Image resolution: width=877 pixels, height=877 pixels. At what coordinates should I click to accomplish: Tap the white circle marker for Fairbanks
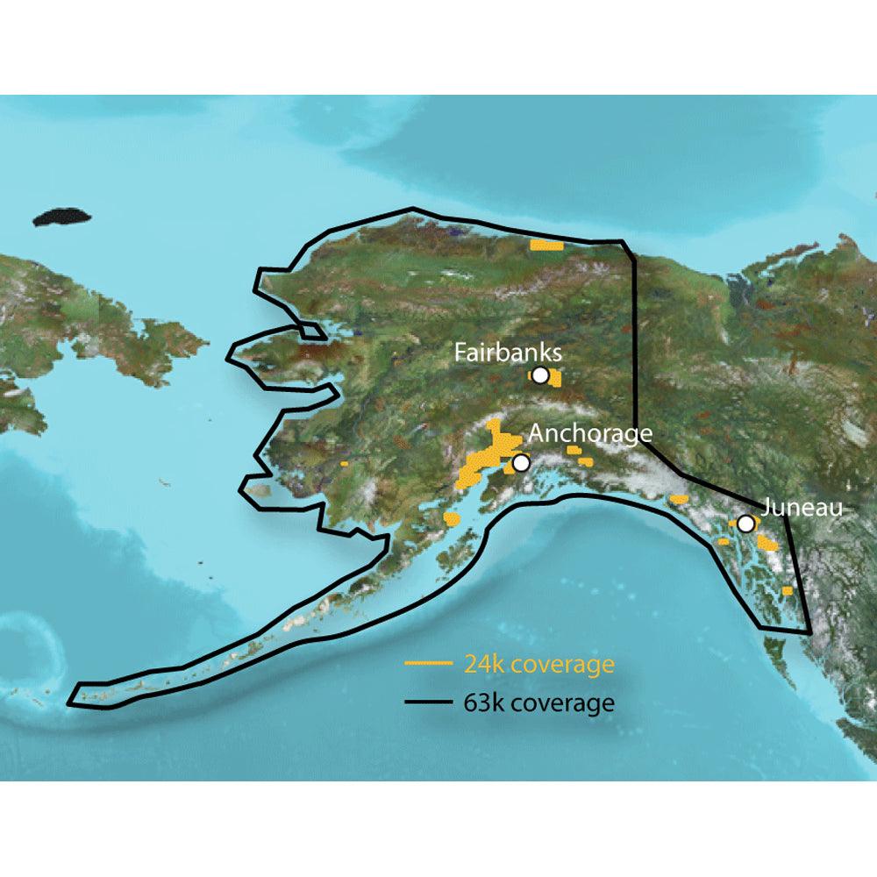540,375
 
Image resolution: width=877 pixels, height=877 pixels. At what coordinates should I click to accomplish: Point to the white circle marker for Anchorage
522,462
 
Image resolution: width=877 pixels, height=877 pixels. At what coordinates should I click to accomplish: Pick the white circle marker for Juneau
745,524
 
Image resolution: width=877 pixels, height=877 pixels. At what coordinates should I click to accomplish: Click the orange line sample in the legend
427,664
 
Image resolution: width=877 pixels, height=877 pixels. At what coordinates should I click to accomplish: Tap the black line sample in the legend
427,703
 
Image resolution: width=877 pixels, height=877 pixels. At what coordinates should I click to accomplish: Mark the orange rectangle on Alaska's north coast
546,245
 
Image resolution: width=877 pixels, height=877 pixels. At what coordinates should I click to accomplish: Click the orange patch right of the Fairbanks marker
555,379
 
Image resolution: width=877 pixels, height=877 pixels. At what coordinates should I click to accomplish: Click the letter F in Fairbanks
460,353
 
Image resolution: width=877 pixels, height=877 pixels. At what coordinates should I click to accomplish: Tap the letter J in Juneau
766,508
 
